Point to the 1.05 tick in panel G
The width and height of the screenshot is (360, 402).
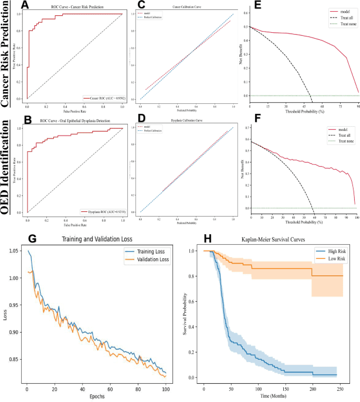tap(16, 251)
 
